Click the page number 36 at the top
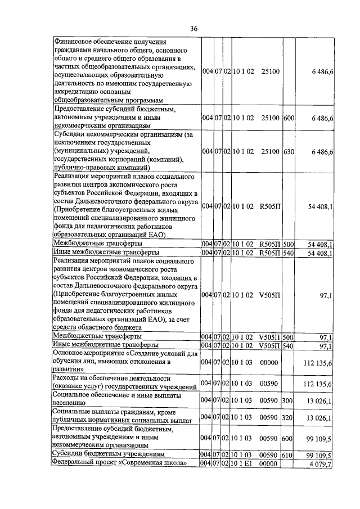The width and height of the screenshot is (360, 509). pos(193,29)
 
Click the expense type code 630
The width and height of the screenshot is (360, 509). pos(289,152)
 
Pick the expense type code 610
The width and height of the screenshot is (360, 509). pos(289,454)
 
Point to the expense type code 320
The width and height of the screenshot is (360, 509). pos(289,418)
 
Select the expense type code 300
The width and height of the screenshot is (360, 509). pos(289,400)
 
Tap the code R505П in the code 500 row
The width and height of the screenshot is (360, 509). pos(270,244)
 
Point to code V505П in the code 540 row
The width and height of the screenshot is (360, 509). pos(270,345)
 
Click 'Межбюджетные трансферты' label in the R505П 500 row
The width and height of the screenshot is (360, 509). pos(97,244)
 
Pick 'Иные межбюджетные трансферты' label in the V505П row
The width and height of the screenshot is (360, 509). pos(105,345)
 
